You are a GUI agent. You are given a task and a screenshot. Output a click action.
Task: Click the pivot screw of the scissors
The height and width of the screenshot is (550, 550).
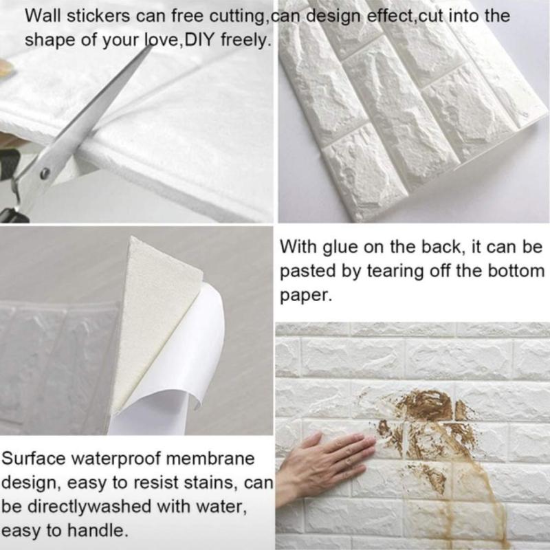tap(45, 173)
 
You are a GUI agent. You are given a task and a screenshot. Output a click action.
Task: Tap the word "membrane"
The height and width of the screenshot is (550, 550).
tap(210, 459)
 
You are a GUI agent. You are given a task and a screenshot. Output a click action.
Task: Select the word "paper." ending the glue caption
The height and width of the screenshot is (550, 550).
tap(305, 296)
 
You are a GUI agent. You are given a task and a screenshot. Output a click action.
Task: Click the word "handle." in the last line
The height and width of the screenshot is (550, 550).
tap(97, 530)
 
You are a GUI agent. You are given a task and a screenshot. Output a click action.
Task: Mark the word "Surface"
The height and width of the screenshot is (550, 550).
tap(33, 459)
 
